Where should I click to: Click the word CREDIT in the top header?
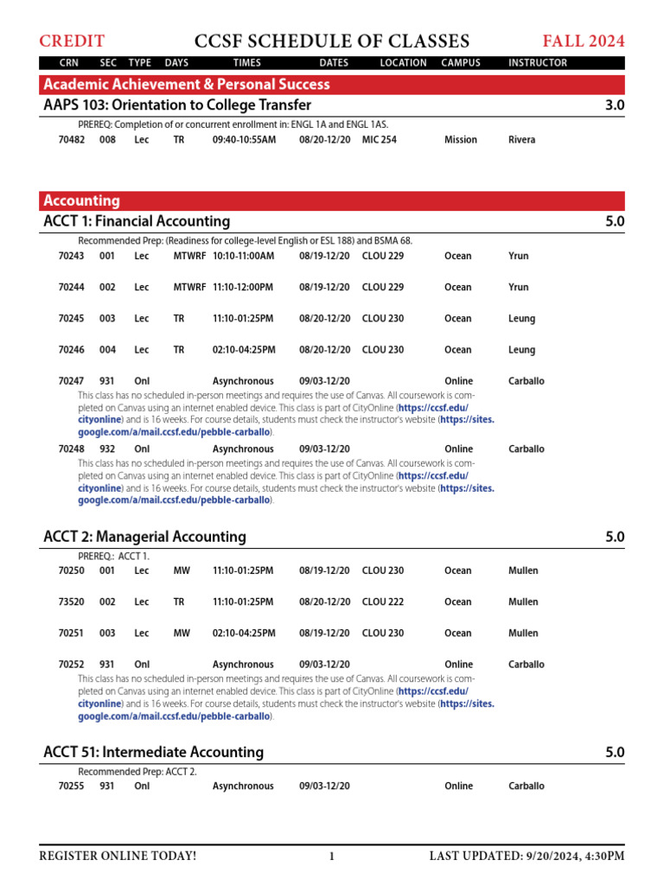coord(72,41)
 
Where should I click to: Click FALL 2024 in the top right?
coord(583,41)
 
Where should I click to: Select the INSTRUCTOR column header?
coord(538,63)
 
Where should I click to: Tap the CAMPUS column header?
coord(461,63)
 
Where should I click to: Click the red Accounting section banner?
coord(333,201)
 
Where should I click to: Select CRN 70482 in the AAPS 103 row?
coord(72,139)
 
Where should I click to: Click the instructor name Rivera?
coord(521,139)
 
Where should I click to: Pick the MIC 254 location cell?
coord(380,139)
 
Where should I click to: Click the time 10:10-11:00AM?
coord(243,256)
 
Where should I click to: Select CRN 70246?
coord(72,350)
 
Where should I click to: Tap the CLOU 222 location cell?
coord(382,602)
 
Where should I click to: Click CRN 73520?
coord(72,602)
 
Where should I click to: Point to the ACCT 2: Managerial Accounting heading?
coord(144,537)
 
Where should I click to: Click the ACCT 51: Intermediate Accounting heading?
coord(153,752)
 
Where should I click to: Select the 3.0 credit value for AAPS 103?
coord(614,105)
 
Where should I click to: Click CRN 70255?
coord(72,786)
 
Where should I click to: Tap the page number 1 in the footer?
coord(331,856)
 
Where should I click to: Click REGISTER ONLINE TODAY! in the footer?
coord(118,856)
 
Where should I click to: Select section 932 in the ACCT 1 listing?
coord(107,449)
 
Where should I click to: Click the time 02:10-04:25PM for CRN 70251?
coord(244,633)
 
